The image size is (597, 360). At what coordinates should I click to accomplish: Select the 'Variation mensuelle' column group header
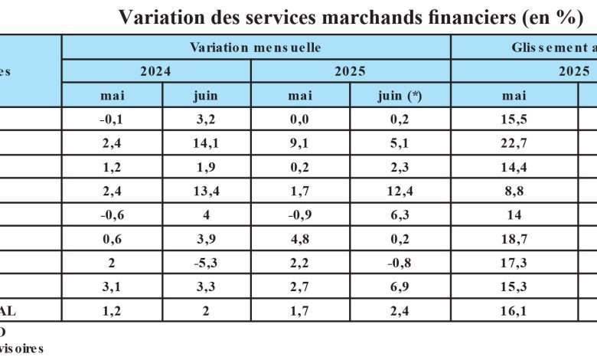(x=255, y=47)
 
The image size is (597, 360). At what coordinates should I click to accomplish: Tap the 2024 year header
(x=155, y=71)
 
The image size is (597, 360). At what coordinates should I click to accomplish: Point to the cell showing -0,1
(x=112, y=119)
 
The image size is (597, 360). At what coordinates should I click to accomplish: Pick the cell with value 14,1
(x=206, y=142)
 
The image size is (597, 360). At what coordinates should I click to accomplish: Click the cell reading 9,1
(x=299, y=142)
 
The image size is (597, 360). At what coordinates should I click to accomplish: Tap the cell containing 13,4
(x=206, y=191)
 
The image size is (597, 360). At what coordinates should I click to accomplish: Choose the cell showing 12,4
(x=400, y=191)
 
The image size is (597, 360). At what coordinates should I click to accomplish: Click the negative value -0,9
(x=299, y=215)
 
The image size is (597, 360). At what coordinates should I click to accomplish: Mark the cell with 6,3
(x=400, y=215)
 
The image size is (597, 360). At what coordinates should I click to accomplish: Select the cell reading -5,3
(x=206, y=263)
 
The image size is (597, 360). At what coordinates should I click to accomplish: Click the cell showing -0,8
(x=400, y=263)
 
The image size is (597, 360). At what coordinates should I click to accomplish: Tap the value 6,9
(x=400, y=286)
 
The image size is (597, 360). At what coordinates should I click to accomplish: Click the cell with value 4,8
(x=299, y=239)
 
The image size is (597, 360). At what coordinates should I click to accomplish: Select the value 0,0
(x=299, y=119)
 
